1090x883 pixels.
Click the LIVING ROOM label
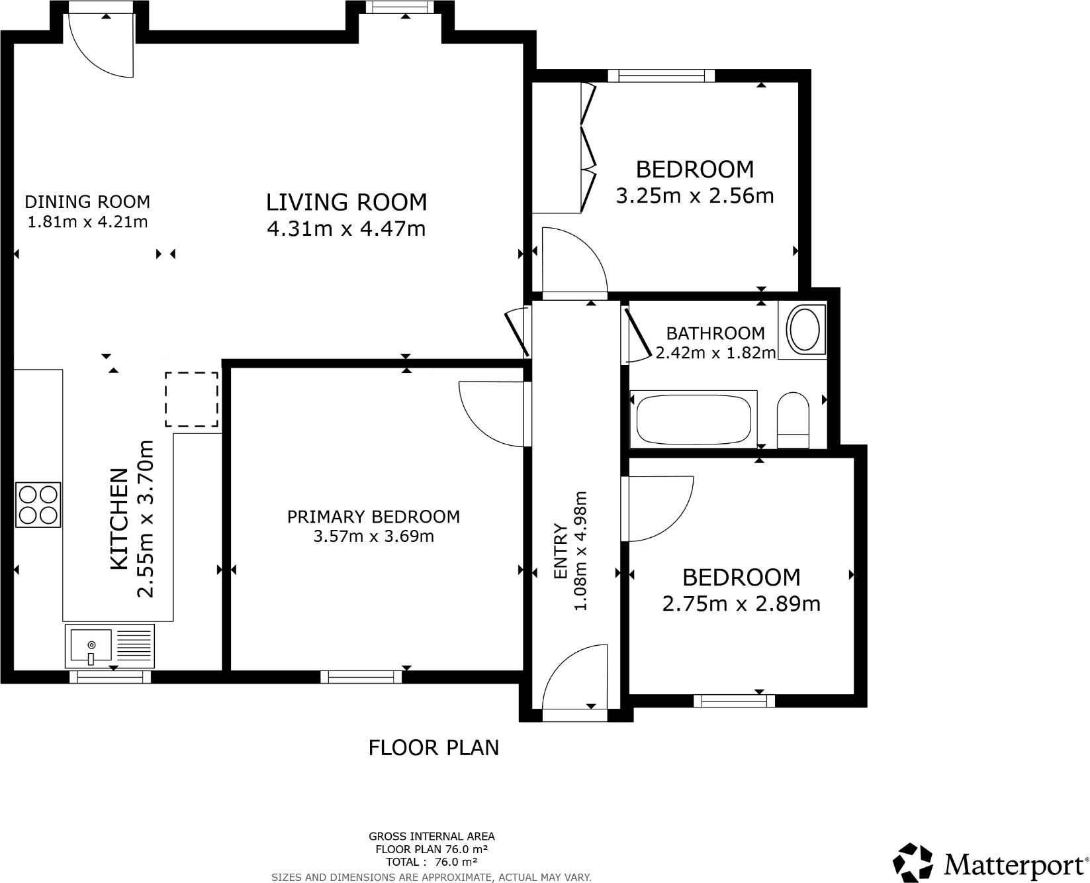click(346, 202)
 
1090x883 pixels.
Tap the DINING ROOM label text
click(87, 201)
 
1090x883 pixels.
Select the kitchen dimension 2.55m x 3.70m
click(145, 519)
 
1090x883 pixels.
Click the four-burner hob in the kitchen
click(38, 505)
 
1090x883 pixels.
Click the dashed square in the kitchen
click(191, 399)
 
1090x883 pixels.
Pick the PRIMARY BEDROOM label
click(373, 517)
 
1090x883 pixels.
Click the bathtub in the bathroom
click(693, 419)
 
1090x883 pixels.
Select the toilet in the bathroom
click(793, 420)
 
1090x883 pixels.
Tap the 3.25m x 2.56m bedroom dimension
click(695, 196)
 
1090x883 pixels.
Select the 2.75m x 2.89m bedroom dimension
click(741, 604)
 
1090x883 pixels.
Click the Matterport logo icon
click(913, 862)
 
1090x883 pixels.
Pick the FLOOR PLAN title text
click(433, 748)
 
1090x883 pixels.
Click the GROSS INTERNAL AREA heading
click(431, 837)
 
